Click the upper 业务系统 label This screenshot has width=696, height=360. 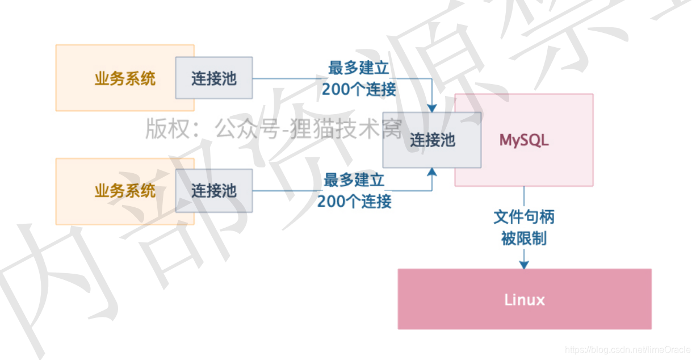point(125,78)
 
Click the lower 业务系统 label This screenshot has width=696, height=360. point(125,191)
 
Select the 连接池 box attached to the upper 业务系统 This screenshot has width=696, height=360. point(213,78)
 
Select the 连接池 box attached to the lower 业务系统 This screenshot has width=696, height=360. point(213,191)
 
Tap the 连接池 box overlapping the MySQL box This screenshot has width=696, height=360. point(431,140)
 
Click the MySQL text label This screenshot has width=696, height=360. point(524,140)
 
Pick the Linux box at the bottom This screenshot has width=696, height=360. point(524,299)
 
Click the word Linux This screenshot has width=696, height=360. point(524,299)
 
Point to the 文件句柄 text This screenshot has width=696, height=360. point(524,217)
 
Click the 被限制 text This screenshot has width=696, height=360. point(524,238)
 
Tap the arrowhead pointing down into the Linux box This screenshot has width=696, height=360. point(524,264)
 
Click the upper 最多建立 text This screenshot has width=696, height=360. point(359,68)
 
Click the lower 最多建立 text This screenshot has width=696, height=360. point(354,181)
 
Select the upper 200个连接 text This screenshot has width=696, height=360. point(359,89)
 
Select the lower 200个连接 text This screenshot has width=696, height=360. point(354,202)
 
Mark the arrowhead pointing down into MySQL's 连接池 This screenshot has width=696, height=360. point(432,107)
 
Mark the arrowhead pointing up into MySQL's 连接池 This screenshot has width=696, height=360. point(432,173)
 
